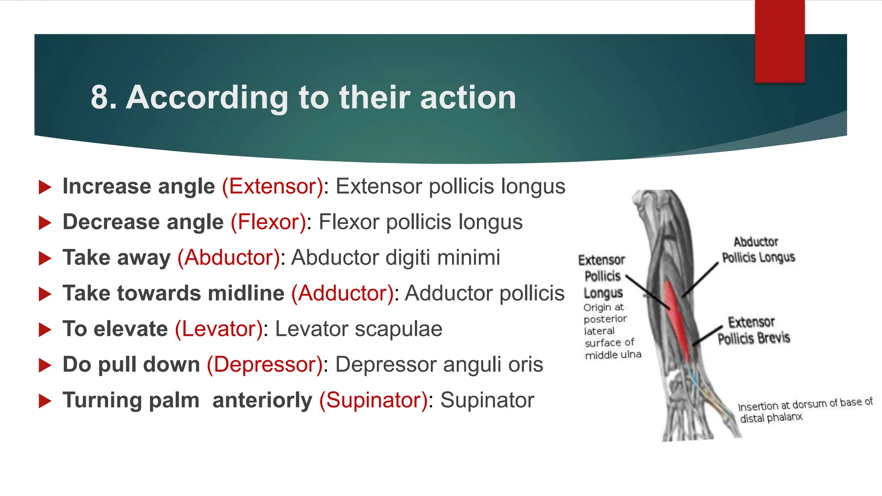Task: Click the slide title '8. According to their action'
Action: (x=303, y=98)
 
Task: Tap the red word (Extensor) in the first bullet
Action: (x=273, y=186)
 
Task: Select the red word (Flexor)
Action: (x=268, y=222)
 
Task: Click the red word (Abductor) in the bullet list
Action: (x=229, y=258)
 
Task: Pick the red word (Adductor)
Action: (x=342, y=294)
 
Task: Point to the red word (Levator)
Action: (x=219, y=329)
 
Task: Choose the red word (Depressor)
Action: (x=264, y=365)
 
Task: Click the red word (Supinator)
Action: (x=373, y=400)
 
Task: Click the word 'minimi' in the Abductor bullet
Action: (x=469, y=258)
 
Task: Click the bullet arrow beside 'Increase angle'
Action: (x=45, y=187)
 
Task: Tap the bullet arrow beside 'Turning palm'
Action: (x=45, y=401)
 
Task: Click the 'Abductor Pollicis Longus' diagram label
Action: (x=758, y=250)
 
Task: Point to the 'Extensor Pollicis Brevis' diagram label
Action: (x=753, y=330)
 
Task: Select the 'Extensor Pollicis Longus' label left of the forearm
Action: (x=602, y=276)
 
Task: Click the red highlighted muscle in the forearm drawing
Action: (x=677, y=319)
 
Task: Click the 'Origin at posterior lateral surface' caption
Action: (x=612, y=331)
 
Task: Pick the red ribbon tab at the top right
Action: (x=780, y=41)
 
